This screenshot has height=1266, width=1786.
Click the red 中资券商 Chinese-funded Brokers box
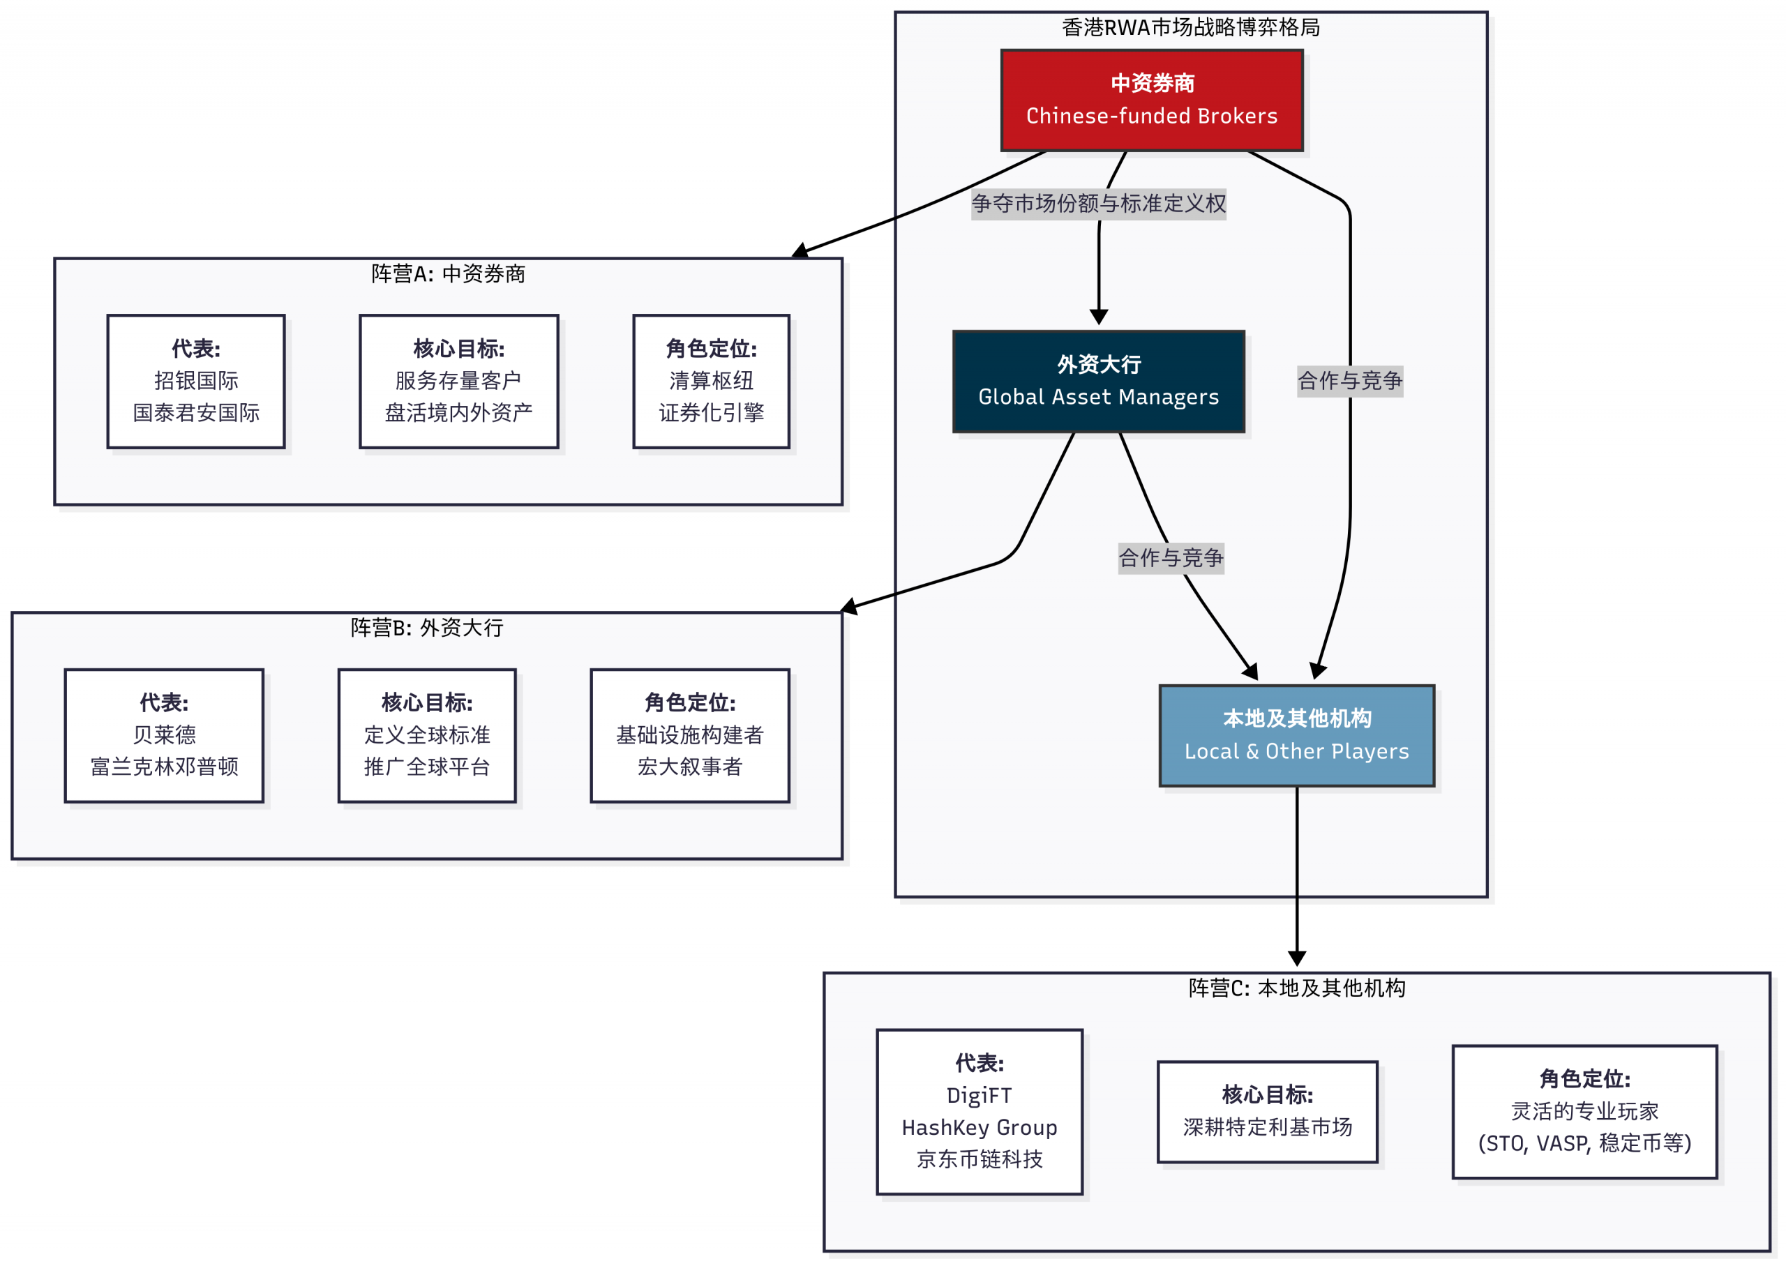tap(1151, 100)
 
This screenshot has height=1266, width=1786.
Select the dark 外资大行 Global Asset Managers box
tap(1097, 382)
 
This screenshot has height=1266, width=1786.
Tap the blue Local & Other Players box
tap(1296, 735)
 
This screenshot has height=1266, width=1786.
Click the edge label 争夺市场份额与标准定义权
tap(1097, 204)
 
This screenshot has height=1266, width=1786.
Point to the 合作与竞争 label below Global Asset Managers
tap(1170, 558)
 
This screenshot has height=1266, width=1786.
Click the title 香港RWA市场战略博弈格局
tap(1190, 28)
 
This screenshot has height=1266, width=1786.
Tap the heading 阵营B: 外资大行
tap(426, 628)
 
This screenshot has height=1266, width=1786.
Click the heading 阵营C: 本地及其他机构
tap(1296, 988)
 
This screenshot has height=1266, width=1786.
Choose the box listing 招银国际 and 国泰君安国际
tap(195, 382)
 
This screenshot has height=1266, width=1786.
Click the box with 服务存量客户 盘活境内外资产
tap(458, 382)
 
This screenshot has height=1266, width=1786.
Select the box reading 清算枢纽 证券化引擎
tap(711, 382)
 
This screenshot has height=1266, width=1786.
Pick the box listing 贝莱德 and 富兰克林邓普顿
tap(164, 735)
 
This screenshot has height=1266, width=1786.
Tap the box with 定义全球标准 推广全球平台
tap(426, 735)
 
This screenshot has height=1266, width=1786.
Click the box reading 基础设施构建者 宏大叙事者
tap(689, 735)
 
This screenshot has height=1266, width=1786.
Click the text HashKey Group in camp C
tap(979, 1127)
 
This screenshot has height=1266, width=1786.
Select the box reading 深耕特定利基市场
tap(1267, 1112)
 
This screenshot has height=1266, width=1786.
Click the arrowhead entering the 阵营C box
tap(1296, 959)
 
